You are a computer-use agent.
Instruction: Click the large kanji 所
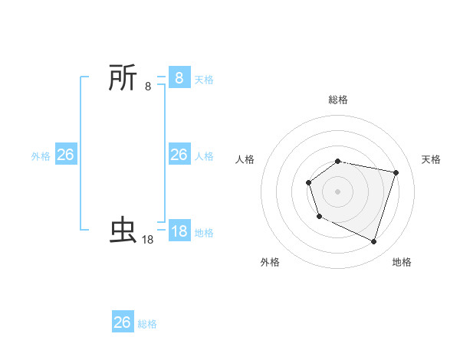(x=123, y=78)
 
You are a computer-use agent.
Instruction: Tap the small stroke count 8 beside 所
(x=148, y=87)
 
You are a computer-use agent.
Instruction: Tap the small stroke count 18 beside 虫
(x=148, y=240)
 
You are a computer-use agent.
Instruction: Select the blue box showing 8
(x=179, y=78)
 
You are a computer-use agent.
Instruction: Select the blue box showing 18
(x=179, y=231)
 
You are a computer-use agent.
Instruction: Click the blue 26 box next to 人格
(x=179, y=155)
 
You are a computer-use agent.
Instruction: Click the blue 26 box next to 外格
(x=65, y=155)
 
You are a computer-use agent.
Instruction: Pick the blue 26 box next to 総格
(x=123, y=322)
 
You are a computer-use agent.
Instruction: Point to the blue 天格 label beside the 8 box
(x=204, y=80)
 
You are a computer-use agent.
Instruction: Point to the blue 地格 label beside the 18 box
(x=204, y=233)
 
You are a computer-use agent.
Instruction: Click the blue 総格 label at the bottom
(x=147, y=324)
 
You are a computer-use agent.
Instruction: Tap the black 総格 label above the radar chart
(x=338, y=100)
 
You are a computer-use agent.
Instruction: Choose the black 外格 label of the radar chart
(x=270, y=262)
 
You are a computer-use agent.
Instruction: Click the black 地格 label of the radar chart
(x=402, y=262)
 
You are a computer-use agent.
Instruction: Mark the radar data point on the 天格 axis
(x=396, y=172)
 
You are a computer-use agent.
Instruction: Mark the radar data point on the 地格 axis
(x=373, y=241)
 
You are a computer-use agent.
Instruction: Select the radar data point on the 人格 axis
(x=308, y=182)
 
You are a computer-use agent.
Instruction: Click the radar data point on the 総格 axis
(x=338, y=161)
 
